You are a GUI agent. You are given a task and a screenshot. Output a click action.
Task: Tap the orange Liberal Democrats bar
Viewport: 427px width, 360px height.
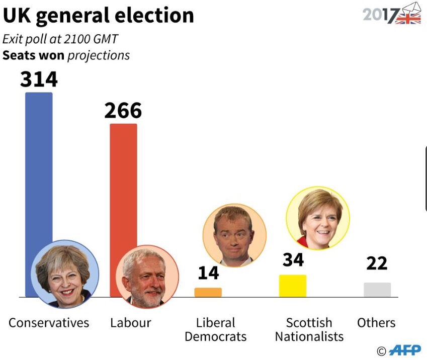pos(208,292)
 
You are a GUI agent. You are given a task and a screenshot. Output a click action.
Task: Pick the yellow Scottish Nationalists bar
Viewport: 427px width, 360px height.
pos(293,286)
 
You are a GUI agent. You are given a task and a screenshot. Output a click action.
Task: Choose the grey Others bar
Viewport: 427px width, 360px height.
pos(377,290)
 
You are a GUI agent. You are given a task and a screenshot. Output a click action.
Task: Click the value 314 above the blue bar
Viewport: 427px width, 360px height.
pos(39,79)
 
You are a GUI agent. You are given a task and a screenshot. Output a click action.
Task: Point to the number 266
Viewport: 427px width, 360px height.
pos(123,111)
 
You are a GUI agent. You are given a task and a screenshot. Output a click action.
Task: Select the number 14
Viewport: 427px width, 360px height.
pos(208,273)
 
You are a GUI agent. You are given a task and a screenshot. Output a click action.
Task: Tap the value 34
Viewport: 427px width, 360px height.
pos(293,260)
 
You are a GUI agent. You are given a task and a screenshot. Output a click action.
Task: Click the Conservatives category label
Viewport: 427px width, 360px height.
pos(49,323)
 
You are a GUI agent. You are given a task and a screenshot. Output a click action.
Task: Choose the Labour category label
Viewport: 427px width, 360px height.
pos(130,323)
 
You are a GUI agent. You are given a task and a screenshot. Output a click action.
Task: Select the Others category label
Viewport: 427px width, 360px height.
pos(376,323)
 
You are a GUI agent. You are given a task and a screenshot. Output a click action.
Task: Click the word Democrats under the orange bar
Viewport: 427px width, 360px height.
pos(215,336)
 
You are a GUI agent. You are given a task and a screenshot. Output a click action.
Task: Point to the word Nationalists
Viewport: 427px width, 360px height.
pos(309,336)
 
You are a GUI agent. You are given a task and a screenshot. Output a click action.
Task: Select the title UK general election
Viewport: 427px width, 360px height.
pos(98,16)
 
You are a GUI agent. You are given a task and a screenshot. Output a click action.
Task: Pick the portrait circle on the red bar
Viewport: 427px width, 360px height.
pos(147,277)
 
